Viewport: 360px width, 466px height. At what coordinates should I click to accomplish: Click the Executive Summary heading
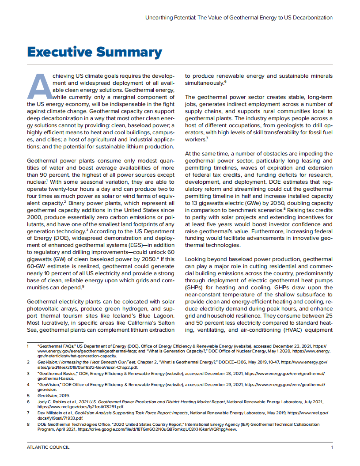pos(95,52)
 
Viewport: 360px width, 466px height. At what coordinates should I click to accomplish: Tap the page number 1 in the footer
pos(332,447)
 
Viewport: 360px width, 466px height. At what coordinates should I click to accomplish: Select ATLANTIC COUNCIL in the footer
pos(48,447)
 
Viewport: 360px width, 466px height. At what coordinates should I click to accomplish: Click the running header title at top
pos(239,18)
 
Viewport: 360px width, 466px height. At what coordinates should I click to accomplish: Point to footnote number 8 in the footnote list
pos(28,424)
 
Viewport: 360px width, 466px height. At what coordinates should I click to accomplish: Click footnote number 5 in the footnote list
pos(28,396)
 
